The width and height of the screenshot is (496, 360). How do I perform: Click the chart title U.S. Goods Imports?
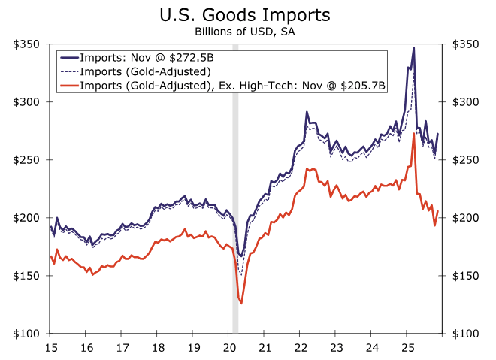coord(246,14)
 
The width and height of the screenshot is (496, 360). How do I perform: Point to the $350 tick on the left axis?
coord(28,44)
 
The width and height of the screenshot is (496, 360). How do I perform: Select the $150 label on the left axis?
coord(28,276)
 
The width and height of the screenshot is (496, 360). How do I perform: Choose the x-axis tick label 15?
coord(50,348)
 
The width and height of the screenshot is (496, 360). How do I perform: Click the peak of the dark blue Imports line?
coord(413,48)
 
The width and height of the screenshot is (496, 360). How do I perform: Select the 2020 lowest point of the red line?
coord(241,303)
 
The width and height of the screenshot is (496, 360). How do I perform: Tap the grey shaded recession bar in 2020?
coord(235,188)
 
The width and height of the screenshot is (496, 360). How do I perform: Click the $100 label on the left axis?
coord(28,334)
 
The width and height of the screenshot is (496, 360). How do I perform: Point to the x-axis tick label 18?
coord(159,348)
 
